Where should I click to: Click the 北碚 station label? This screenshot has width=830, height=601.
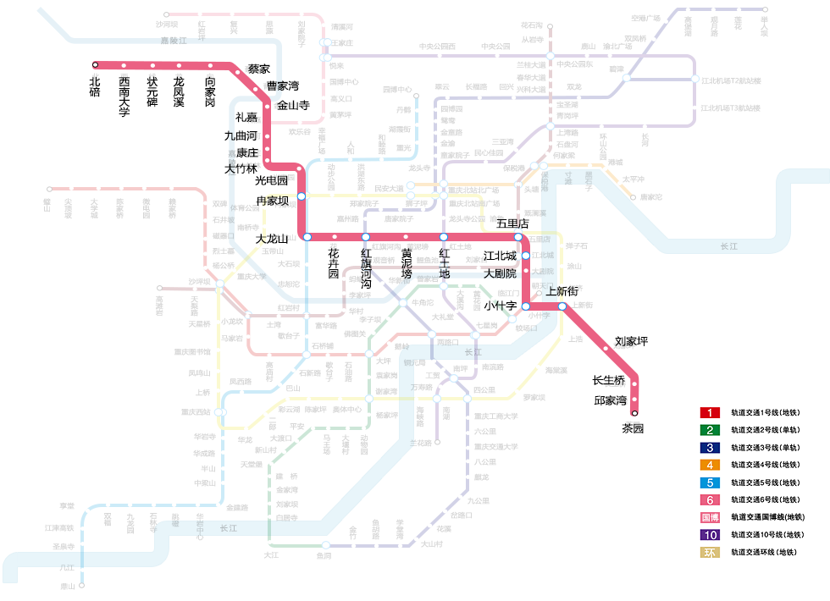coord(95,87)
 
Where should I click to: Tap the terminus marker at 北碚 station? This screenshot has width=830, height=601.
coord(95,64)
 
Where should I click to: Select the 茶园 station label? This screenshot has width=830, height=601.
coord(633,428)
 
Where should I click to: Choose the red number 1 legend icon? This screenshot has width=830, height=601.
coord(709,413)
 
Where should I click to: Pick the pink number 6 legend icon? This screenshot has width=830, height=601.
coord(709,500)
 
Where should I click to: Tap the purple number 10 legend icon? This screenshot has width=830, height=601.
coord(709,535)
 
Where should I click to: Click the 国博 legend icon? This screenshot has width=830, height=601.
coord(709,517)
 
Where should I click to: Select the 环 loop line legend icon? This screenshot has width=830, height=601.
coord(709,553)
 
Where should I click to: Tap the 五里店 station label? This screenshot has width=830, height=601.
coord(512,223)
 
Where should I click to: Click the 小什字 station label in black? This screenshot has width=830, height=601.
coord(500,306)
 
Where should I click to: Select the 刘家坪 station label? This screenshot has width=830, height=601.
coord(631,341)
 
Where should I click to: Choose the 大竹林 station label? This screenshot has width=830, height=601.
coord(240,168)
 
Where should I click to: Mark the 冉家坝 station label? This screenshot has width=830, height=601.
coord(273,201)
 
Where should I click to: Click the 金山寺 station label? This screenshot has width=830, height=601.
coord(293,105)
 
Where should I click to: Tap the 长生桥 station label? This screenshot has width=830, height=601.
coord(608,380)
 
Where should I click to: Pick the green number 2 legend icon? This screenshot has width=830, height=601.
coord(709,430)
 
